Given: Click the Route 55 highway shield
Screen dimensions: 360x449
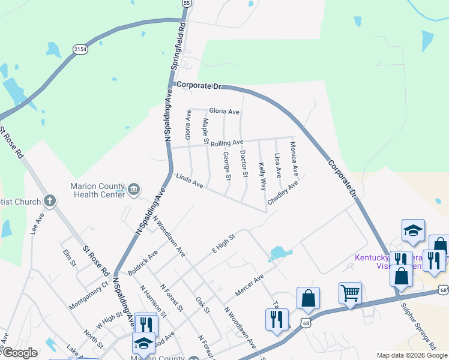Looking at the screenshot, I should pyautogui.click(x=187, y=3).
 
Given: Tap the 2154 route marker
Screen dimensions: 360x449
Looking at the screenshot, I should pyautogui.click(x=80, y=49).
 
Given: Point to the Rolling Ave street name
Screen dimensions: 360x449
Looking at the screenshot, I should pyautogui.click(x=226, y=143).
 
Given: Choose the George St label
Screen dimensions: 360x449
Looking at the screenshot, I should pyautogui.click(x=227, y=166).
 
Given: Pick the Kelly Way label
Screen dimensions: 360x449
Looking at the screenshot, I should pyautogui.click(x=262, y=176).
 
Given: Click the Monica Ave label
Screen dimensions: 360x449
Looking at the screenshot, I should pyautogui.click(x=294, y=158).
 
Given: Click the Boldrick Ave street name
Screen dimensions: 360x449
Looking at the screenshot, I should pyautogui.click(x=143, y=262).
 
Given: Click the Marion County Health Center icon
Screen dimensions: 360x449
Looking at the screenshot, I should pyautogui.click(x=134, y=190).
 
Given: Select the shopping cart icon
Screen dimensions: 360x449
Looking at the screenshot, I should pyautogui.click(x=350, y=293).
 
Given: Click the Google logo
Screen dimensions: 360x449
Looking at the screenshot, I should pyautogui.click(x=19, y=353).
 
